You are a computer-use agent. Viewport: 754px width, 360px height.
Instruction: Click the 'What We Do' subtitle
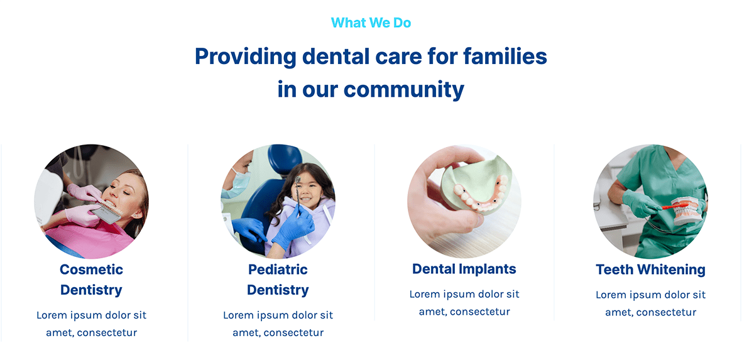pyautogui.click(x=371, y=23)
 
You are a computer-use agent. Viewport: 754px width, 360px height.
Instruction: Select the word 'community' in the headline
pyautogui.click(x=404, y=90)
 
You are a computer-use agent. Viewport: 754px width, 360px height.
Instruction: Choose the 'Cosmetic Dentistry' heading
pyautogui.click(x=91, y=280)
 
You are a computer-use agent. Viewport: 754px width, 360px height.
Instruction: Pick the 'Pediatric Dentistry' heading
pyautogui.click(x=278, y=280)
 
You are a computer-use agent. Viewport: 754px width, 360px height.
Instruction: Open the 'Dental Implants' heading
pyautogui.click(x=464, y=269)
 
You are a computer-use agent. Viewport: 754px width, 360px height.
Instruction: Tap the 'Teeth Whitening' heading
pyautogui.click(x=651, y=270)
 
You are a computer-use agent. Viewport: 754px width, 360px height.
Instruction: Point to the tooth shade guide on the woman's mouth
pyautogui.click(x=108, y=212)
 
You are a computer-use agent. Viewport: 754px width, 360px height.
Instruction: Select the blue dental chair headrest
pyautogui.click(x=285, y=159)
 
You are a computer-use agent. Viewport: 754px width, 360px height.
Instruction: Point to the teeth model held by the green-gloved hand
pyautogui.click(x=687, y=211)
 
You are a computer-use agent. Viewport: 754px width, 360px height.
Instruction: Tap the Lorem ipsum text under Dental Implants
pyautogui.click(x=464, y=303)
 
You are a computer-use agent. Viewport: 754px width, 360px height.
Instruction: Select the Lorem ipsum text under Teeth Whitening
pyautogui.click(x=651, y=303)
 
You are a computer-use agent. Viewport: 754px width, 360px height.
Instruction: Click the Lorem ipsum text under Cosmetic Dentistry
pyautogui.click(x=91, y=324)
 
